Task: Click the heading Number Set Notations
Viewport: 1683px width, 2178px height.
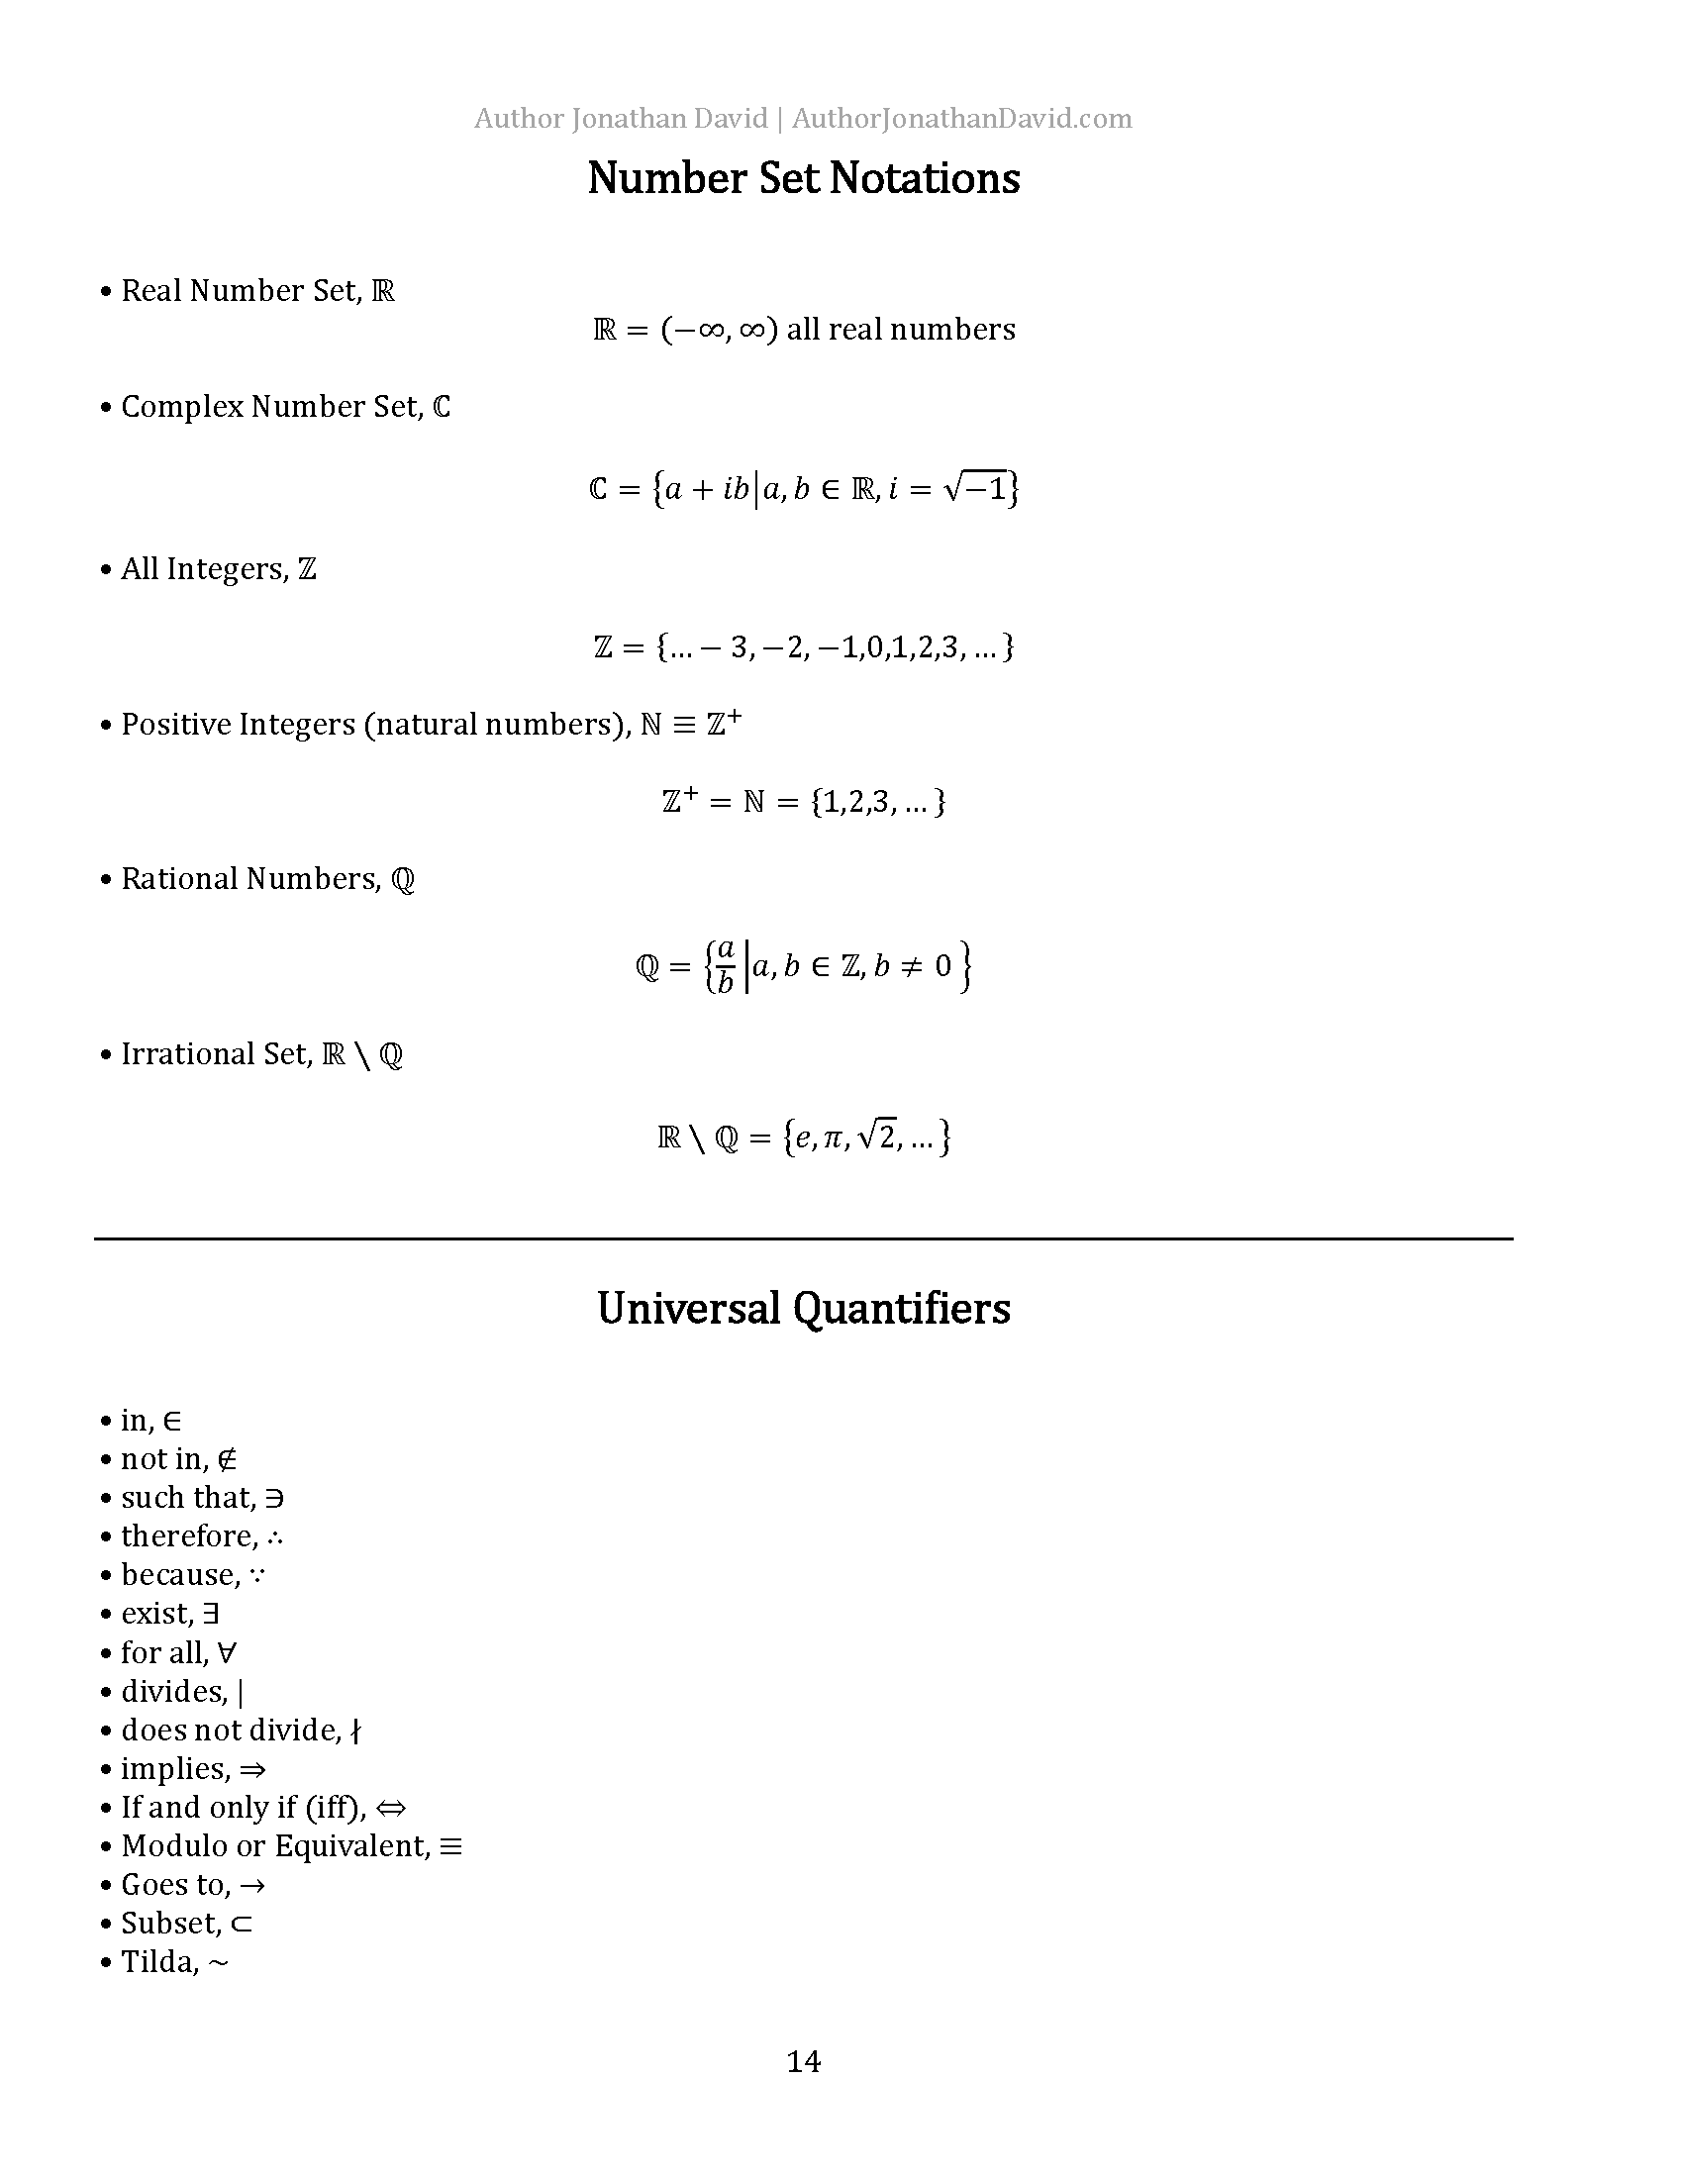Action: coord(804,178)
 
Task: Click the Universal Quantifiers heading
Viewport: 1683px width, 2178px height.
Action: coord(804,1309)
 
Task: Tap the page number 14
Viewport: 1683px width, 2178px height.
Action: coord(804,2061)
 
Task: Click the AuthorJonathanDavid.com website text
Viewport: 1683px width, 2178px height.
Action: coord(962,119)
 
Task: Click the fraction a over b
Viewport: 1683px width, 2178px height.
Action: coord(726,965)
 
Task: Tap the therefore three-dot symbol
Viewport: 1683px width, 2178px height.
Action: coord(275,1536)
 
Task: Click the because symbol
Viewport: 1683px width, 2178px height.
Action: coord(257,1576)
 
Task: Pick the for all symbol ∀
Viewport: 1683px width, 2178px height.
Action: coord(227,1653)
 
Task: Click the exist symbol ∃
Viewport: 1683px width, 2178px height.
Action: coord(210,1615)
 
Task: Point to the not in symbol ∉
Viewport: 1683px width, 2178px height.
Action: coord(227,1460)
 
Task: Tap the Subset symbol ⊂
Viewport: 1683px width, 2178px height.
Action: coord(242,1925)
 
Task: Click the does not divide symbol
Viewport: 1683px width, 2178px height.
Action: coord(356,1732)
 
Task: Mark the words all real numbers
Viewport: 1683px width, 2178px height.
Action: coord(901,329)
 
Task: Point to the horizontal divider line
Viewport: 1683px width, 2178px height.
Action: coord(804,1238)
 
